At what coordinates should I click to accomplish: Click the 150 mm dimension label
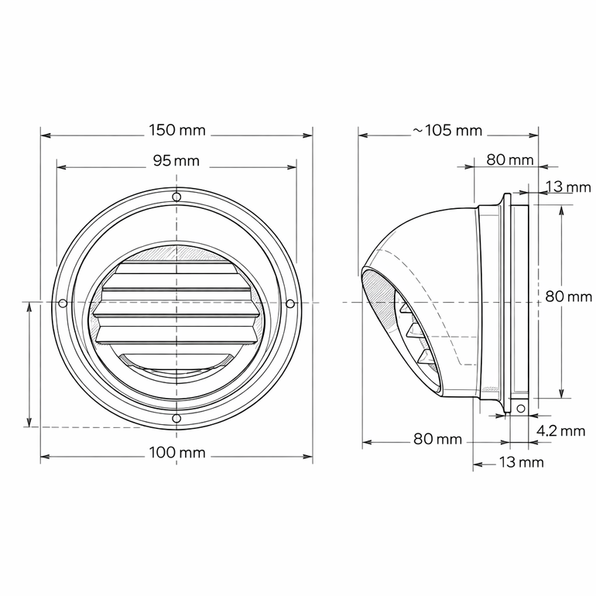coord(176,130)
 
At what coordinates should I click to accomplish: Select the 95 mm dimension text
coord(176,161)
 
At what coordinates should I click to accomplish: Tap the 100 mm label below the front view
coord(176,453)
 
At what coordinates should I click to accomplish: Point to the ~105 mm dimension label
coord(447,130)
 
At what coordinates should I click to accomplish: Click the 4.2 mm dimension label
coord(560,430)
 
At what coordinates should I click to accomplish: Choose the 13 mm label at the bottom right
coord(521,463)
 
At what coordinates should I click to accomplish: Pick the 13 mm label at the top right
coord(568,187)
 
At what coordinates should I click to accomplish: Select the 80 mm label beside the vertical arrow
coord(568,296)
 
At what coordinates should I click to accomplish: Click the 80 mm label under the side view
coord(437,440)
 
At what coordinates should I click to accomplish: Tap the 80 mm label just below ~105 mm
coord(510,160)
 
